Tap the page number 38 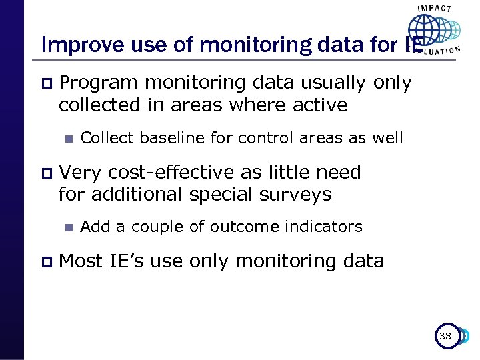click(x=445, y=336)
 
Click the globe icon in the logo click(x=425, y=31)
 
